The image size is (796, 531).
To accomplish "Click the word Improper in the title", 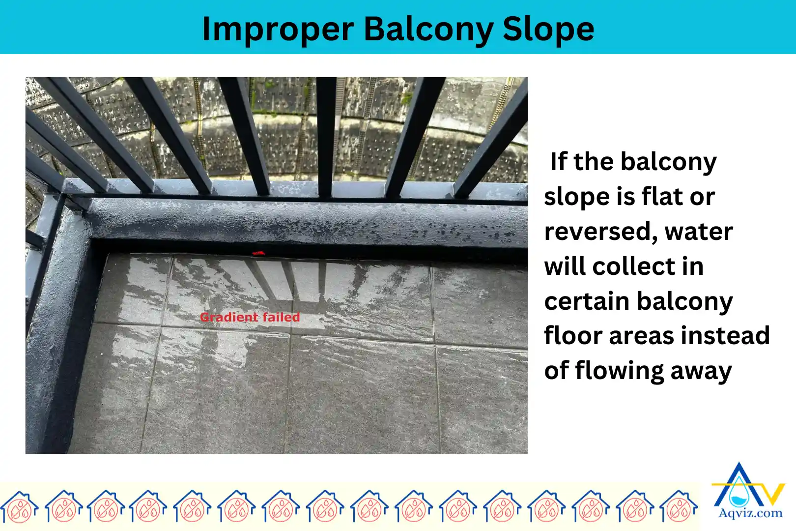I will pyautogui.click(x=278, y=29).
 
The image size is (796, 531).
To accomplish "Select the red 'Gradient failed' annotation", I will pyautogui.click(x=250, y=317).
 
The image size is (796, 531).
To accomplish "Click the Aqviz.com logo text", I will pyautogui.click(x=750, y=514).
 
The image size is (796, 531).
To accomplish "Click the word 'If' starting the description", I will pyautogui.click(x=559, y=162).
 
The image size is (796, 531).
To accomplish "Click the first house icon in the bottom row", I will pyautogui.click(x=19, y=506).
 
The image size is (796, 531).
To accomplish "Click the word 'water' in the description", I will pyautogui.click(x=698, y=231).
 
